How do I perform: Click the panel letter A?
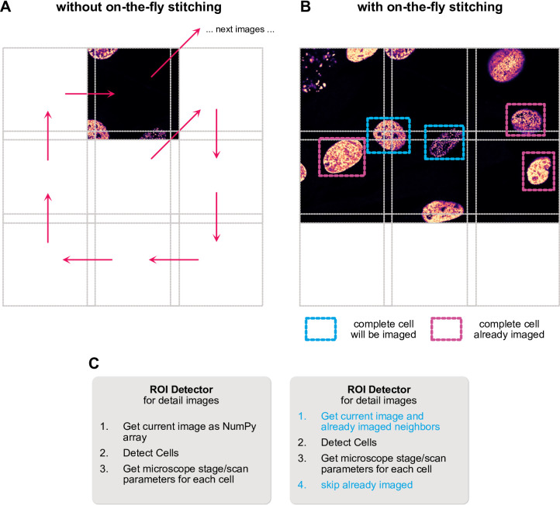5,6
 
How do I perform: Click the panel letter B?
306,6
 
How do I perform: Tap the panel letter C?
94,363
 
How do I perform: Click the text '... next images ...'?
240,29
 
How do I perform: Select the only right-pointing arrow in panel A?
90,94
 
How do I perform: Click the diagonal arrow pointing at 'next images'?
175,53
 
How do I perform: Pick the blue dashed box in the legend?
320,329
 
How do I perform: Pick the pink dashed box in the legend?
446,329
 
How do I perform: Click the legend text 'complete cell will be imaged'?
383,329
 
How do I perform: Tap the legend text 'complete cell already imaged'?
509,329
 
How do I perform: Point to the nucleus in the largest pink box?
342,157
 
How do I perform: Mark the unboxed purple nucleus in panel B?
506,65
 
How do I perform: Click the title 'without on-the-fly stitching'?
139,7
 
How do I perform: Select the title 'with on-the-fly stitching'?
430,7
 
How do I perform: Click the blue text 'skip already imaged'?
367,485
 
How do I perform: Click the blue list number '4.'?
302,485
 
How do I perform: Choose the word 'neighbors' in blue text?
416,427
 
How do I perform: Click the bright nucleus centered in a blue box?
389,135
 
